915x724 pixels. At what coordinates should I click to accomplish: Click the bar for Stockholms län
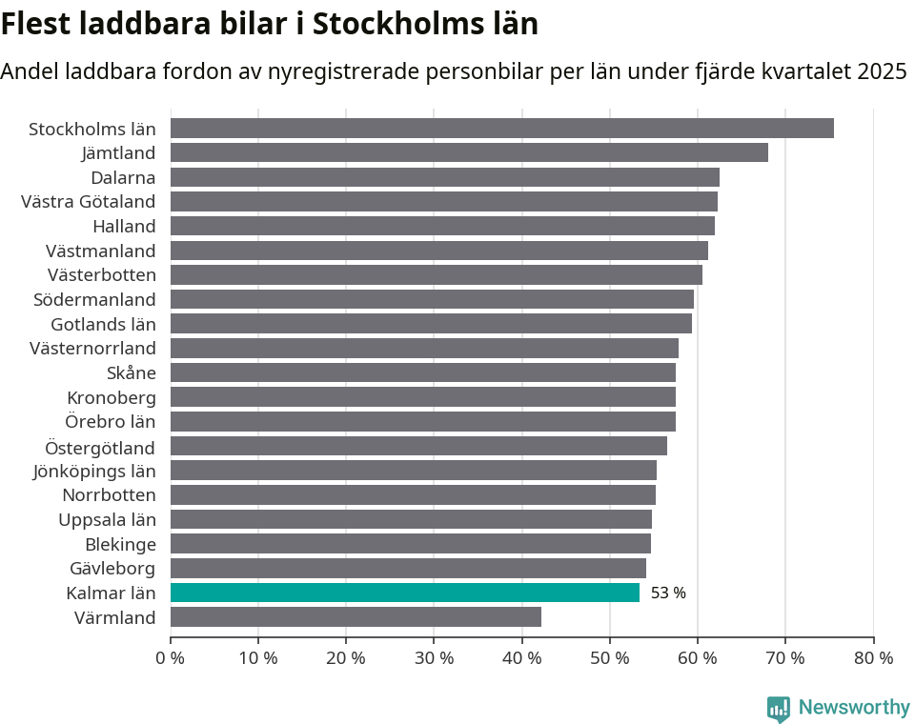tap(501, 129)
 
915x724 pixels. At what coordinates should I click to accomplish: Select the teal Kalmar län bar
tap(404, 593)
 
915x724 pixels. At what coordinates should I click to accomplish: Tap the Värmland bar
tap(356, 617)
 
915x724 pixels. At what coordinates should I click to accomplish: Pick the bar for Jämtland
tap(469, 152)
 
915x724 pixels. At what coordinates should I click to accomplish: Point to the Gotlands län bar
tap(431, 324)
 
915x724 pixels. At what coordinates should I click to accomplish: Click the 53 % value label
tap(668, 593)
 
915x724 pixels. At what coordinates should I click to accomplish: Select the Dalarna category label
tap(123, 177)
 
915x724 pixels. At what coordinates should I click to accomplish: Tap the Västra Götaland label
tap(89, 201)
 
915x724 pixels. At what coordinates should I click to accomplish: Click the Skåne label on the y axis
tap(132, 372)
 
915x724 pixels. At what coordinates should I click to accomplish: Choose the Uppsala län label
tap(108, 519)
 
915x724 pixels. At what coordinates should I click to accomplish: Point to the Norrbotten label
tap(109, 494)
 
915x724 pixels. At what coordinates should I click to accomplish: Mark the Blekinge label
tap(120, 544)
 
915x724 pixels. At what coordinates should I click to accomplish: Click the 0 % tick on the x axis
tap(171, 657)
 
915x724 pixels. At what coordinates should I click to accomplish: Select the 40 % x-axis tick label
tap(521, 657)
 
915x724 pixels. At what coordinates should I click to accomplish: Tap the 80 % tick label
tap(873, 657)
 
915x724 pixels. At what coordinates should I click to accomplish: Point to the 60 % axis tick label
tap(698, 657)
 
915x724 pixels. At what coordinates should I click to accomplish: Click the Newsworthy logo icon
tap(779, 708)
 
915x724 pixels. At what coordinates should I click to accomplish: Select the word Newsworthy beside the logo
tap(854, 708)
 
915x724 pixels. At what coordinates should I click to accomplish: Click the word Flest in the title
tap(36, 23)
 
